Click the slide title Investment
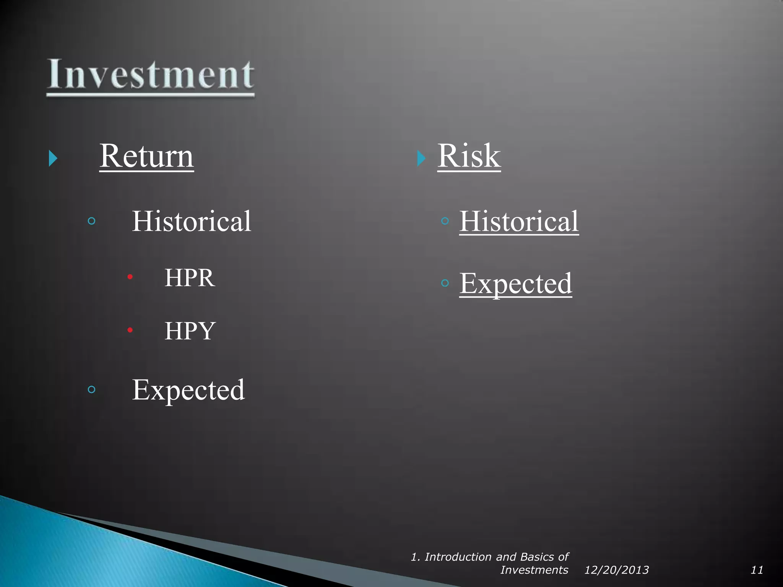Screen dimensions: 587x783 [150, 75]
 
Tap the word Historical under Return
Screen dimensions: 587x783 [192, 221]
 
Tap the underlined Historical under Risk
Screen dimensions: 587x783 [519, 221]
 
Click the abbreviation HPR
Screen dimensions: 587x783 [190, 278]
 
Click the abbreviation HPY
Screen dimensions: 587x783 [190, 331]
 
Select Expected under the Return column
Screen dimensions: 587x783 [188, 390]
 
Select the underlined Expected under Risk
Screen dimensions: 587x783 [515, 284]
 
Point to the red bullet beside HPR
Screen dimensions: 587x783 [130, 277]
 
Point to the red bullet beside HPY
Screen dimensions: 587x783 [130, 330]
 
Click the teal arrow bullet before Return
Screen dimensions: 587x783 [53, 158]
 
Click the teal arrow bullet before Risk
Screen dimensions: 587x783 [421, 158]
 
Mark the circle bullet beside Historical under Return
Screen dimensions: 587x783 [91, 221]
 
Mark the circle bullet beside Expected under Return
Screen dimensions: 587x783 [91, 389]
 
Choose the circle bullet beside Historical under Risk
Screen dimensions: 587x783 [445, 221]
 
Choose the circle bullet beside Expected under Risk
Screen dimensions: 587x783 [445, 283]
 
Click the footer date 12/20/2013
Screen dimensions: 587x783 [616, 570]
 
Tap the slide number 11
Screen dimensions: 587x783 [757, 570]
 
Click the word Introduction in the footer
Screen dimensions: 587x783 [458, 557]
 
